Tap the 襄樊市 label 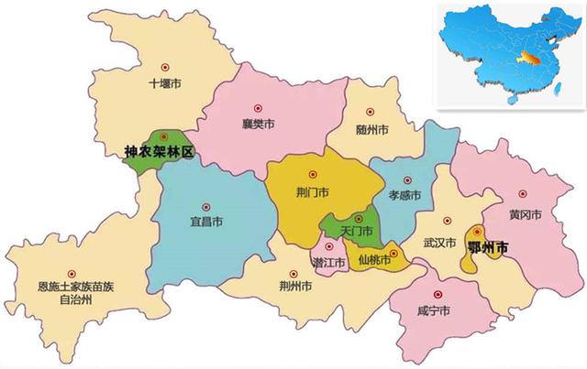(x=258, y=123)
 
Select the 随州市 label (x=371, y=130)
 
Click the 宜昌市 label (x=205, y=222)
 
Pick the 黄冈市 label (x=525, y=214)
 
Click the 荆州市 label (x=294, y=288)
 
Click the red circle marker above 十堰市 (x=165, y=66)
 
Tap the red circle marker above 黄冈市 (x=524, y=194)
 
